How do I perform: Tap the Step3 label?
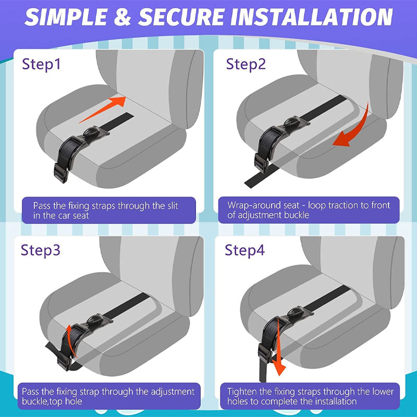[41, 250]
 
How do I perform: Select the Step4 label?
[245, 250]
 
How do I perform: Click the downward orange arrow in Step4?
[279, 347]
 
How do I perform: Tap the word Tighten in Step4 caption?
[242, 391]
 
